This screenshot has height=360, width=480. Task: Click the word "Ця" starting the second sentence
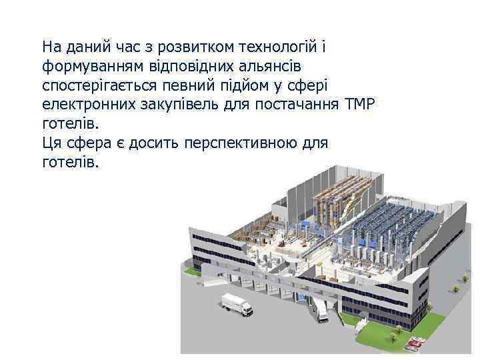pyautogui.click(x=51, y=143)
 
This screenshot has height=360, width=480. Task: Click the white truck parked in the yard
pyautogui.click(x=237, y=305)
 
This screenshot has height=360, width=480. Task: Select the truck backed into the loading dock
pyautogui.click(x=323, y=309)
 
